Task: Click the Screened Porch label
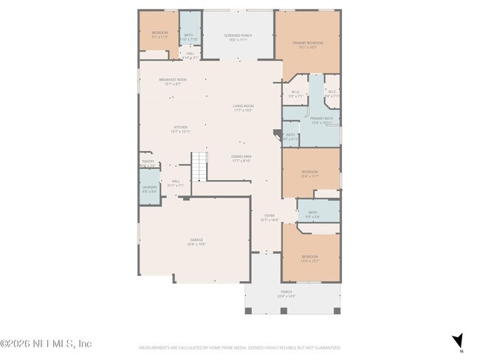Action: pos(239,36)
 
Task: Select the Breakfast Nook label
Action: pos(173,82)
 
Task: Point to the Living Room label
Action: pos(244,108)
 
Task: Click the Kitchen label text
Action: pos(181,129)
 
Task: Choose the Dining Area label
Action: pos(241,158)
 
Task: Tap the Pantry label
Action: pos(148,164)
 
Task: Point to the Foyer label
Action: pos(270,218)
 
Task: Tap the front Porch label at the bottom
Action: pos(287,293)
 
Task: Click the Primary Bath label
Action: pos(321,120)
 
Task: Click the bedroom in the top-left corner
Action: pos(160,34)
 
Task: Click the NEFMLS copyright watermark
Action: pos(46,344)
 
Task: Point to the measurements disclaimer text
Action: pos(239,347)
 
